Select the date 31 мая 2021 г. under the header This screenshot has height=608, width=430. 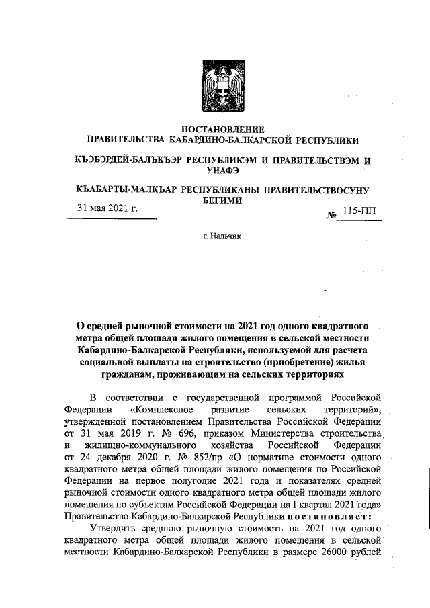107,208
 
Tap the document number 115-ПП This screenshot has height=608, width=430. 359,211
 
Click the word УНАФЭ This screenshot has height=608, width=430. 217,172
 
